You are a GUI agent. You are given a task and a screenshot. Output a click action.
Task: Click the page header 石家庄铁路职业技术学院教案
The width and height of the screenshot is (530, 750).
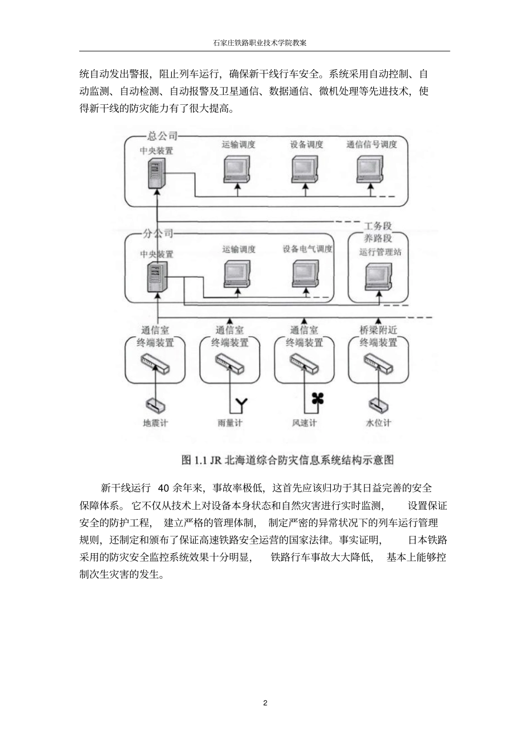264,42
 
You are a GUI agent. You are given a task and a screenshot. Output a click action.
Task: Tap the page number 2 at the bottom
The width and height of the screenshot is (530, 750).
265,703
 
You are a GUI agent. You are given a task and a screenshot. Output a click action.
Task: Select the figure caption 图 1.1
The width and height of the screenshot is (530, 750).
288,460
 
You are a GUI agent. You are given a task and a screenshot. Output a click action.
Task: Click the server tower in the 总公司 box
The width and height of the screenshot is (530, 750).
157,173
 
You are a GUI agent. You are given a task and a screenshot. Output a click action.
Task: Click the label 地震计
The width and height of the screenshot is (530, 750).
155,423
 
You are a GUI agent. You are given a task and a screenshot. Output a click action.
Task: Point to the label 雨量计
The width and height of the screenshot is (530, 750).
230,423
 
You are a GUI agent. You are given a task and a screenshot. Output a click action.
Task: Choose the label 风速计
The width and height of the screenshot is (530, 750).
305,423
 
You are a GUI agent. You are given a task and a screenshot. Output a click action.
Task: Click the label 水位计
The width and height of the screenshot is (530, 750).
378,423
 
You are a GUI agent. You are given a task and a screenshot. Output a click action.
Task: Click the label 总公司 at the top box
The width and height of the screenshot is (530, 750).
162,135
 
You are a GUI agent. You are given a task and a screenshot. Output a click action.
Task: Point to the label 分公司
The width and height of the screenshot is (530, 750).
158,234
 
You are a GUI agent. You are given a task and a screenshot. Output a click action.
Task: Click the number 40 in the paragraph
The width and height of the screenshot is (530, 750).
163,488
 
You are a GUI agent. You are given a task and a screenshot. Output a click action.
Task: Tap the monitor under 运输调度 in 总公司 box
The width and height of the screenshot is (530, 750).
238,168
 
